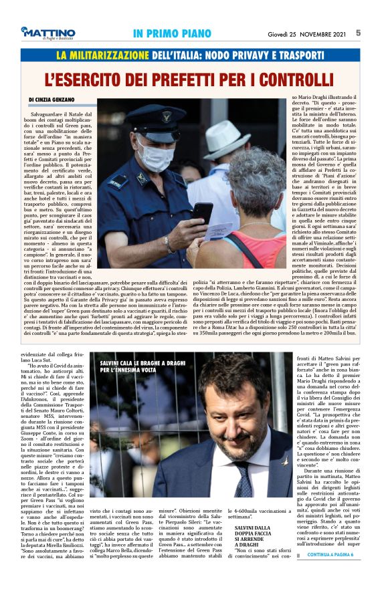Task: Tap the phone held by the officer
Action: (x=202, y=212)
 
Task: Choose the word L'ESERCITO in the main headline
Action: (x=89, y=79)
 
